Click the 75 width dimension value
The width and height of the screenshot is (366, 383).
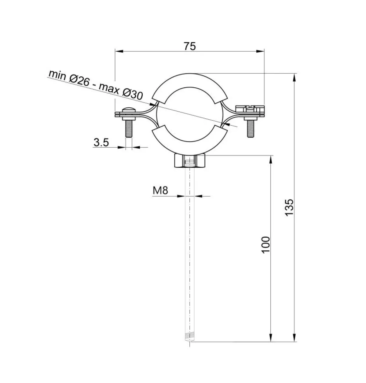click(190, 46)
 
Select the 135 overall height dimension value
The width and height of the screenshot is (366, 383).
click(289, 207)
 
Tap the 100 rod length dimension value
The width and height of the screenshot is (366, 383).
click(265, 245)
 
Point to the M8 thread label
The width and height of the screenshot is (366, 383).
click(160, 190)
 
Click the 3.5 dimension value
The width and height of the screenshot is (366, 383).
click(101, 142)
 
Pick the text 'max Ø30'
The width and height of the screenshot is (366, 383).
click(121, 92)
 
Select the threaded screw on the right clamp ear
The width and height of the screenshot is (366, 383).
click(251, 129)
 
